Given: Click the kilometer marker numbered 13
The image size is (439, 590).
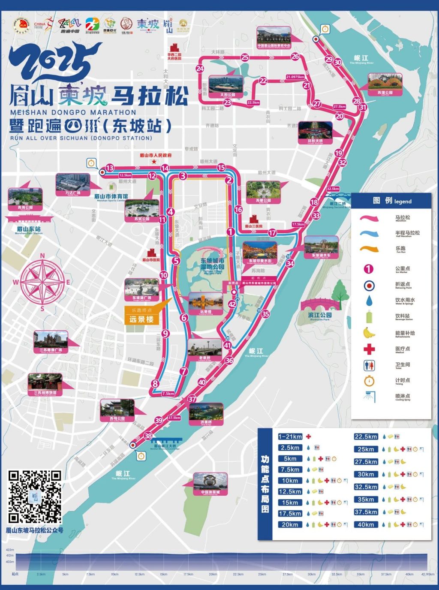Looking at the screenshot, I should (x=110, y=168).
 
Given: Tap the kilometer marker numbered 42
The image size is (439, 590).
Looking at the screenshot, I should (x=232, y=304).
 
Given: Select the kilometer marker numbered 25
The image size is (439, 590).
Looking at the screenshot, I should (x=245, y=57).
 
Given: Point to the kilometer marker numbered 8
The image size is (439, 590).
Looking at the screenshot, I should (x=155, y=384).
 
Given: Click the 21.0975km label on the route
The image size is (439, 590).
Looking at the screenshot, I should (x=295, y=77).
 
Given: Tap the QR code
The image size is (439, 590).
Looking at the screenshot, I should (x=35, y=497).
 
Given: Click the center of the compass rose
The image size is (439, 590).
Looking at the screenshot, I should (x=42, y=282).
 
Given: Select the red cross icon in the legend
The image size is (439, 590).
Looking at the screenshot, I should (x=369, y=349).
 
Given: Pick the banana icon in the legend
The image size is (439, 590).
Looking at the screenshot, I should (x=369, y=333).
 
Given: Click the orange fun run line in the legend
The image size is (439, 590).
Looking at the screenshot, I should (x=369, y=249).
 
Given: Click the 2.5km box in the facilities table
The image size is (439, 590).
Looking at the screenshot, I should (x=290, y=448).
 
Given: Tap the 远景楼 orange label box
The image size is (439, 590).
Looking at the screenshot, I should (x=141, y=319).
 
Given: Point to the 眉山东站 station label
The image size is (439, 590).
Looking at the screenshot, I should (x=28, y=229).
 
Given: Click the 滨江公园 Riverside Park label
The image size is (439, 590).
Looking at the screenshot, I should (x=319, y=316).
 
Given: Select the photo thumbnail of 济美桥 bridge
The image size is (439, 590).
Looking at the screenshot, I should (x=206, y=412).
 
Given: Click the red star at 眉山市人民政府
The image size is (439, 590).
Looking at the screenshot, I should (x=154, y=162).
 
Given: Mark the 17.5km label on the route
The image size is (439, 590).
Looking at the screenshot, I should (x=298, y=224).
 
